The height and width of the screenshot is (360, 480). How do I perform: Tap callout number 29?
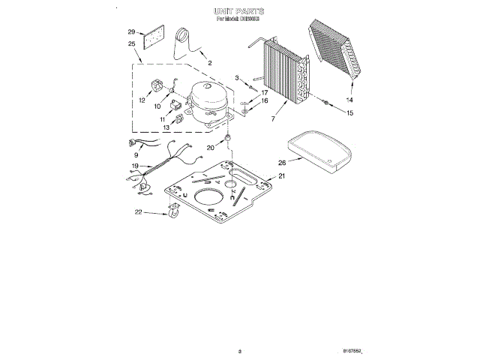(131, 32)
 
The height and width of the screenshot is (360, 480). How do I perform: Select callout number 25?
(131, 44)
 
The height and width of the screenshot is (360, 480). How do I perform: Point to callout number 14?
(349, 100)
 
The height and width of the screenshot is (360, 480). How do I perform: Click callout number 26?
(282, 162)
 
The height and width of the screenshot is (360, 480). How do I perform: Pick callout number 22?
(138, 212)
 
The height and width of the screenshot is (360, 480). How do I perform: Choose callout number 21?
(282, 177)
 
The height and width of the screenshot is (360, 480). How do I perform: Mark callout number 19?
(135, 166)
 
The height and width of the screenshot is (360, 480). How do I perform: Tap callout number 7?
(273, 119)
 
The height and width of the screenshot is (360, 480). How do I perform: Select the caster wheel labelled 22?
(173, 214)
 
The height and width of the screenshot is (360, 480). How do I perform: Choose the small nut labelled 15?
(327, 103)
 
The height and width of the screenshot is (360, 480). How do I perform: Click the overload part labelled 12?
(157, 87)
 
